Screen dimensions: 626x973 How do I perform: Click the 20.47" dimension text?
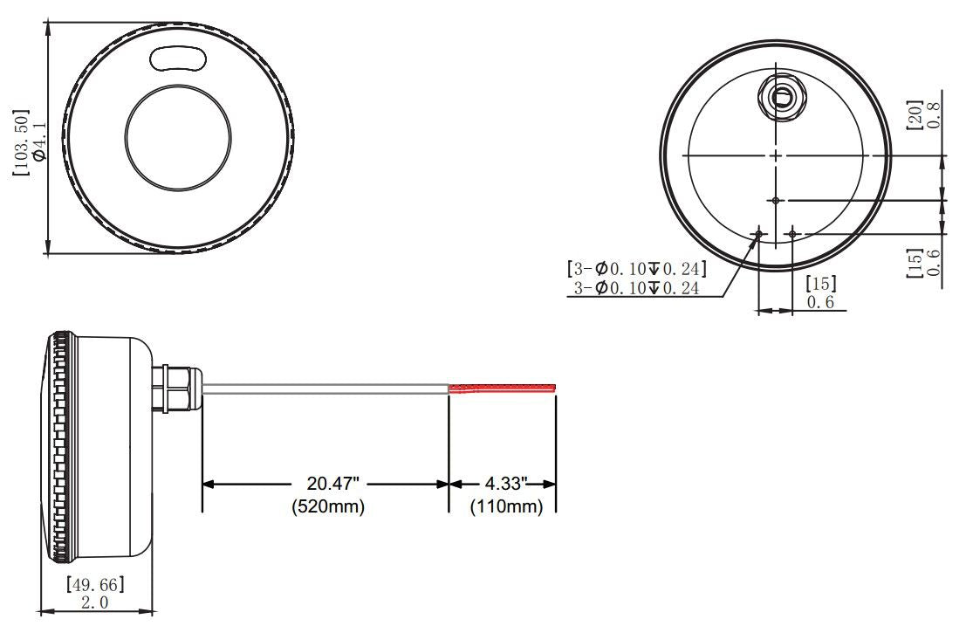pyautogui.click(x=327, y=483)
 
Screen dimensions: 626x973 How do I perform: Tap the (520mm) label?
pyautogui.click(x=327, y=506)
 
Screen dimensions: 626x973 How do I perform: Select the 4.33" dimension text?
pyautogui.click(x=503, y=483)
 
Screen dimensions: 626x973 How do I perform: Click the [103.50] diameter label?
pyautogui.click(x=20, y=142)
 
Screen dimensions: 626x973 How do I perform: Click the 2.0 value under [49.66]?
pyautogui.click(x=95, y=602)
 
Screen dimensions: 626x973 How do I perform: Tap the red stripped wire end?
pyautogui.click(x=504, y=387)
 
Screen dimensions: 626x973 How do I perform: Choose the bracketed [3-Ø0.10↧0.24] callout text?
pyautogui.click(x=636, y=267)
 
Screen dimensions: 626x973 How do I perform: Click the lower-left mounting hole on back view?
pyautogui.click(x=759, y=234)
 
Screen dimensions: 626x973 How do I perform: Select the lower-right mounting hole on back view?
pyautogui.click(x=792, y=234)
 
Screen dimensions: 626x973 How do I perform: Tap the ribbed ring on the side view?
pyautogui.click(x=60, y=445)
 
